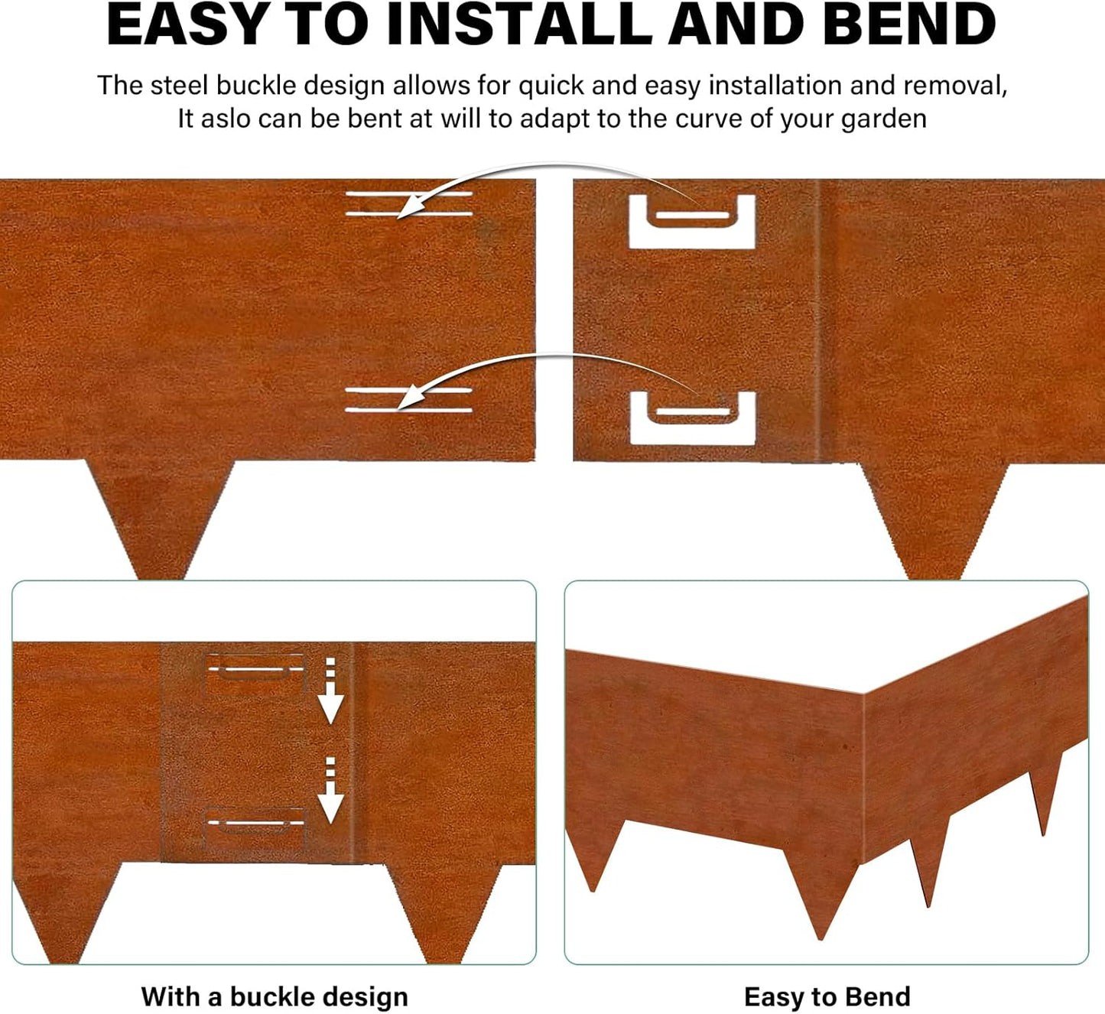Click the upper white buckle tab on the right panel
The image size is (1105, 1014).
(x=692, y=222)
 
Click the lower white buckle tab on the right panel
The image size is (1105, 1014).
(x=692, y=418)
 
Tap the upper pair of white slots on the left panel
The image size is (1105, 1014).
(x=409, y=203)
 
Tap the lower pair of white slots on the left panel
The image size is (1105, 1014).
(x=409, y=400)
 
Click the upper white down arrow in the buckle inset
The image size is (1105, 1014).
(x=330, y=692)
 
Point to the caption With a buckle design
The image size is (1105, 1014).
(x=275, y=996)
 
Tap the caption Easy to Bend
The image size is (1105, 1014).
(x=827, y=996)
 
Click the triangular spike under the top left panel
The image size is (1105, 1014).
(x=159, y=516)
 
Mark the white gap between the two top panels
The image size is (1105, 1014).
(x=554, y=321)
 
